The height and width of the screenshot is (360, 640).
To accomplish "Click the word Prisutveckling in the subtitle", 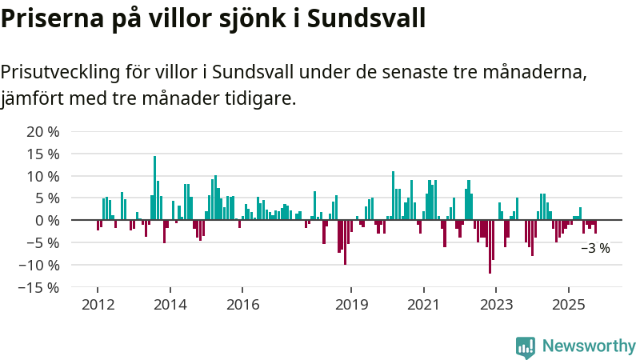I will (61, 72).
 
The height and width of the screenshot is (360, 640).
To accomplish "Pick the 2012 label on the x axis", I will (98, 304).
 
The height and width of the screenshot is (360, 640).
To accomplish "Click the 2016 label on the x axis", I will (242, 304).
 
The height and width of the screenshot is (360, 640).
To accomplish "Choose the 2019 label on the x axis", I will (351, 304).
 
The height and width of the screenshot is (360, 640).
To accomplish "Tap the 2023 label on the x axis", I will (496, 304).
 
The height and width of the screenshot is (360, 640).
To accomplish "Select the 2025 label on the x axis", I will (568, 304).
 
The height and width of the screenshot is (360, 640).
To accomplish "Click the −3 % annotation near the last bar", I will (595, 249).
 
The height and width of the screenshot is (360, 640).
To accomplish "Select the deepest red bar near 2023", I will (490, 246).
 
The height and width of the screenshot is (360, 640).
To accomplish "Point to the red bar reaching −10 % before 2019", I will (345, 242).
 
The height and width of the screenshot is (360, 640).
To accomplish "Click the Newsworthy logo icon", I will (526, 346).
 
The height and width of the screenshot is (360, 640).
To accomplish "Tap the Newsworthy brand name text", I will (589, 346).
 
